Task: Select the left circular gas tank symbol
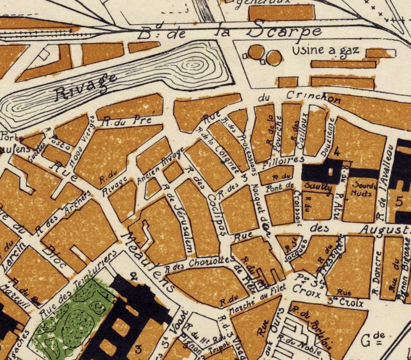256,52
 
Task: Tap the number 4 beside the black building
337,152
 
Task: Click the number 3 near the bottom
138,349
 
